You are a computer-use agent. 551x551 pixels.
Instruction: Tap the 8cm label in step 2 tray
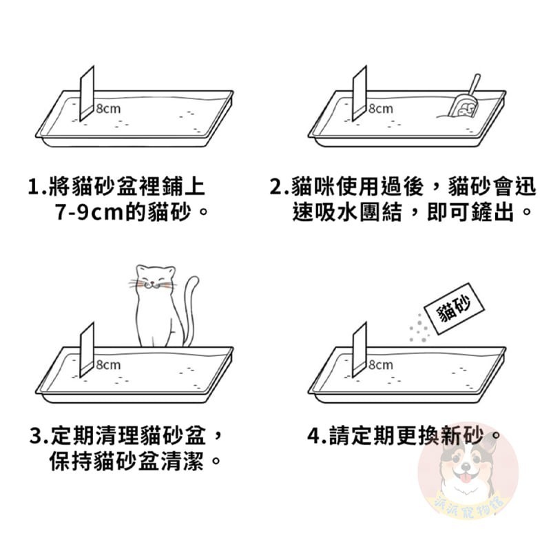click(380, 108)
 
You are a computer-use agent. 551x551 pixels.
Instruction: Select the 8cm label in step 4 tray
click(380, 364)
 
